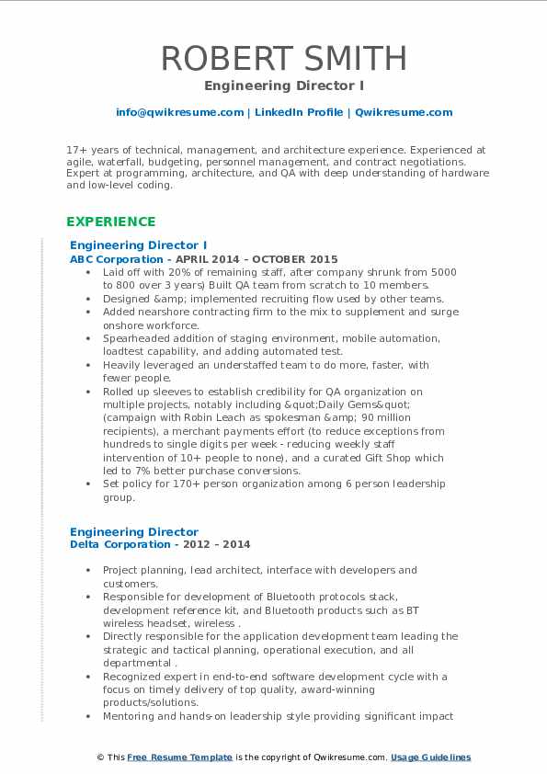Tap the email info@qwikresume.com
[x=179, y=112]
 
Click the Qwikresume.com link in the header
[x=404, y=112]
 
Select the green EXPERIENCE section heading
[x=110, y=222]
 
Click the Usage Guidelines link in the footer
[x=430, y=757]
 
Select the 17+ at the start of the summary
[x=76, y=149]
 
